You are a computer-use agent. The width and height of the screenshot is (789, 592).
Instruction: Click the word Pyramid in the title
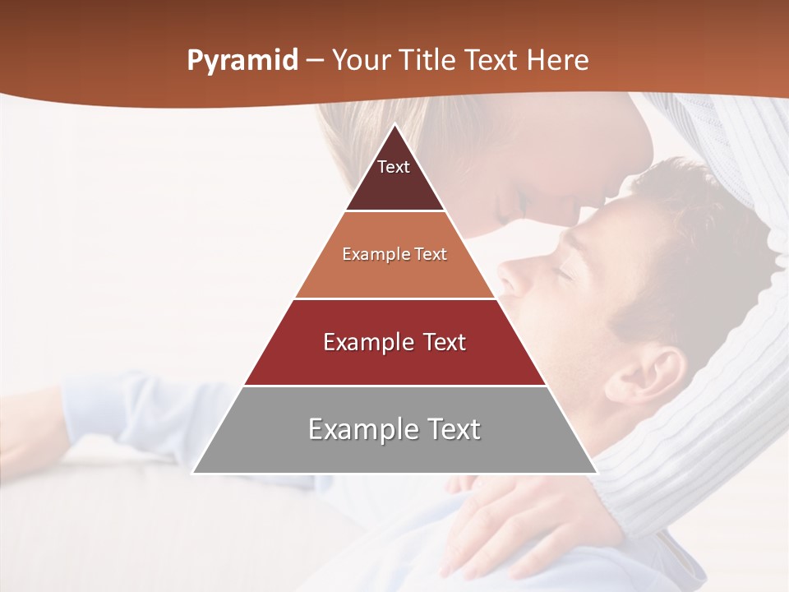tap(242, 60)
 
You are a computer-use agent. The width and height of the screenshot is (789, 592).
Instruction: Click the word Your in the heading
tap(360, 60)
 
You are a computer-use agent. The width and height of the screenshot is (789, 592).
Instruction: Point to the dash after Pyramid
tap(314, 60)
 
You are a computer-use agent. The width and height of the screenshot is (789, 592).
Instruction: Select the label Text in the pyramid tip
tap(394, 167)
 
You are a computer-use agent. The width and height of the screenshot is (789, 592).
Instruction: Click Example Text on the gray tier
tap(394, 429)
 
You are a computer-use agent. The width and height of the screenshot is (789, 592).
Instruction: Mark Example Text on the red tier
tap(394, 342)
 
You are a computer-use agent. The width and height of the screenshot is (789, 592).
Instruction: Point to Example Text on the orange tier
tap(394, 254)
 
